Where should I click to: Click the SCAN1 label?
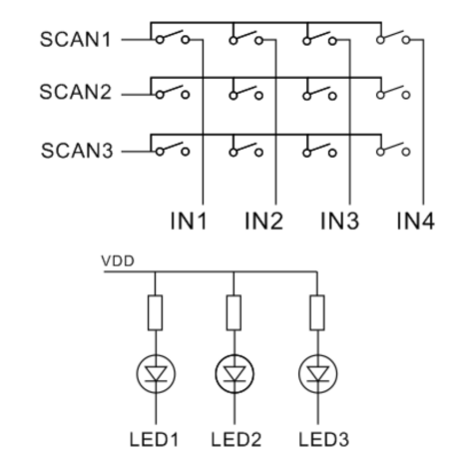pyautogui.click(x=75, y=39)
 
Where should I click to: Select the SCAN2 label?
pyautogui.click(x=75, y=92)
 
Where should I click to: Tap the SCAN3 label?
pyautogui.click(x=77, y=151)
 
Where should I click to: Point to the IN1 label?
pyautogui.click(x=189, y=221)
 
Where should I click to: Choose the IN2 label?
pyautogui.click(x=263, y=221)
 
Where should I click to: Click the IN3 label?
pyautogui.click(x=339, y=221)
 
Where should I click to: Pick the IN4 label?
pyautogui.click(x=415, y=221)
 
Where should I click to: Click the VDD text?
pyautogui.click(x=118, y=261)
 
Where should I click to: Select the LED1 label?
pyautogui.click(x=154, y=439)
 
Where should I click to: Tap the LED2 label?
pyautogui.click(x=236, y=439)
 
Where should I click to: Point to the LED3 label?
pyautogui.click(x=323, y=439)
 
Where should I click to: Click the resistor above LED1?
pyautogui.click(x=155, y=312)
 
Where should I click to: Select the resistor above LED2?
pyautogui.click(x=233, y=312)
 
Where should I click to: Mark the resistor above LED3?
pyautogui.click(x=317, y=312)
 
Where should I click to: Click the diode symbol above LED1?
pyautogui.click(x=156, y=374)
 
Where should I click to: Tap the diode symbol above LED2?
pyautogui.click(x=234, y=374)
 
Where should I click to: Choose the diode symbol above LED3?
pyautogui.click(x=318, y=374)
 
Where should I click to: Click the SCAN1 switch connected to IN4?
pyautogui.click(x=393, y=37)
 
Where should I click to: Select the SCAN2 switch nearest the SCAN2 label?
pyautogui.click(x=173, y=92)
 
